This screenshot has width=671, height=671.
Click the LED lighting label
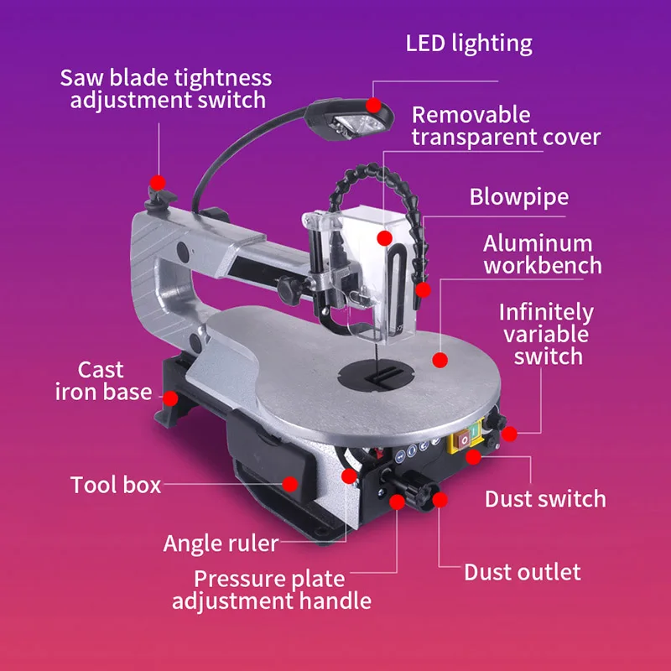(x=469, y=44)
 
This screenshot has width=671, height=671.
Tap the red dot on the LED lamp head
(x=373, y=105)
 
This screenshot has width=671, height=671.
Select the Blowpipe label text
(x=519, y=197)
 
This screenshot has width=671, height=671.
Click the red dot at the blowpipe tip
(x=423, y=289)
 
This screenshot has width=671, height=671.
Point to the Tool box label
(x=116, y=485)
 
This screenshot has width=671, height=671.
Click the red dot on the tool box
(x=290, y=484)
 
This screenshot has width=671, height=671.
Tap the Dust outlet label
(x=523, y=572)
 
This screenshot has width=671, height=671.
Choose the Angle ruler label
(x=221, y=544)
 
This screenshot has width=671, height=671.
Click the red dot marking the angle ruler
(x=349, y=476)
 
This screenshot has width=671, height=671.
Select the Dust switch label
(x=545, y=499)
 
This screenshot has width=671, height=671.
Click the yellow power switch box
(x=466, y=435)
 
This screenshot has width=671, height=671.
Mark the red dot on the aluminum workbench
(x=440, y=360)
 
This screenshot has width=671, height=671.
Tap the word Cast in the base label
(x=101, y=370)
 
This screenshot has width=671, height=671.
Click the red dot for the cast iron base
(x=170, y=398)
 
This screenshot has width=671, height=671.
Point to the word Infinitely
(x=547, y=313)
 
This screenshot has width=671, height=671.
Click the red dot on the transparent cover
(x=385, y=238)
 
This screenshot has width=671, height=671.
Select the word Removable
(x=471, y=115)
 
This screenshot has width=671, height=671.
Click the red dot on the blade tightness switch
(x=158, y=182)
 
